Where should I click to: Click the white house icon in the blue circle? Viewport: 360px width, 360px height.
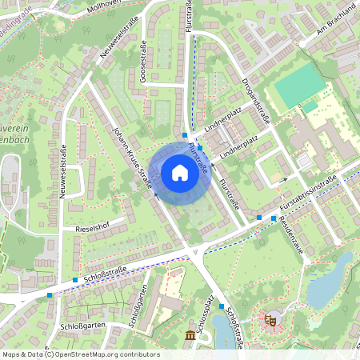[180, 172]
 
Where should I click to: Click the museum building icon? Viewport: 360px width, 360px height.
[190, 334]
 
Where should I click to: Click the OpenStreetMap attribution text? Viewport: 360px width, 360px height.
[80, 354]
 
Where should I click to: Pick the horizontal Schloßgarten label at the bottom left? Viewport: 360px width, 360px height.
[81, 326]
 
